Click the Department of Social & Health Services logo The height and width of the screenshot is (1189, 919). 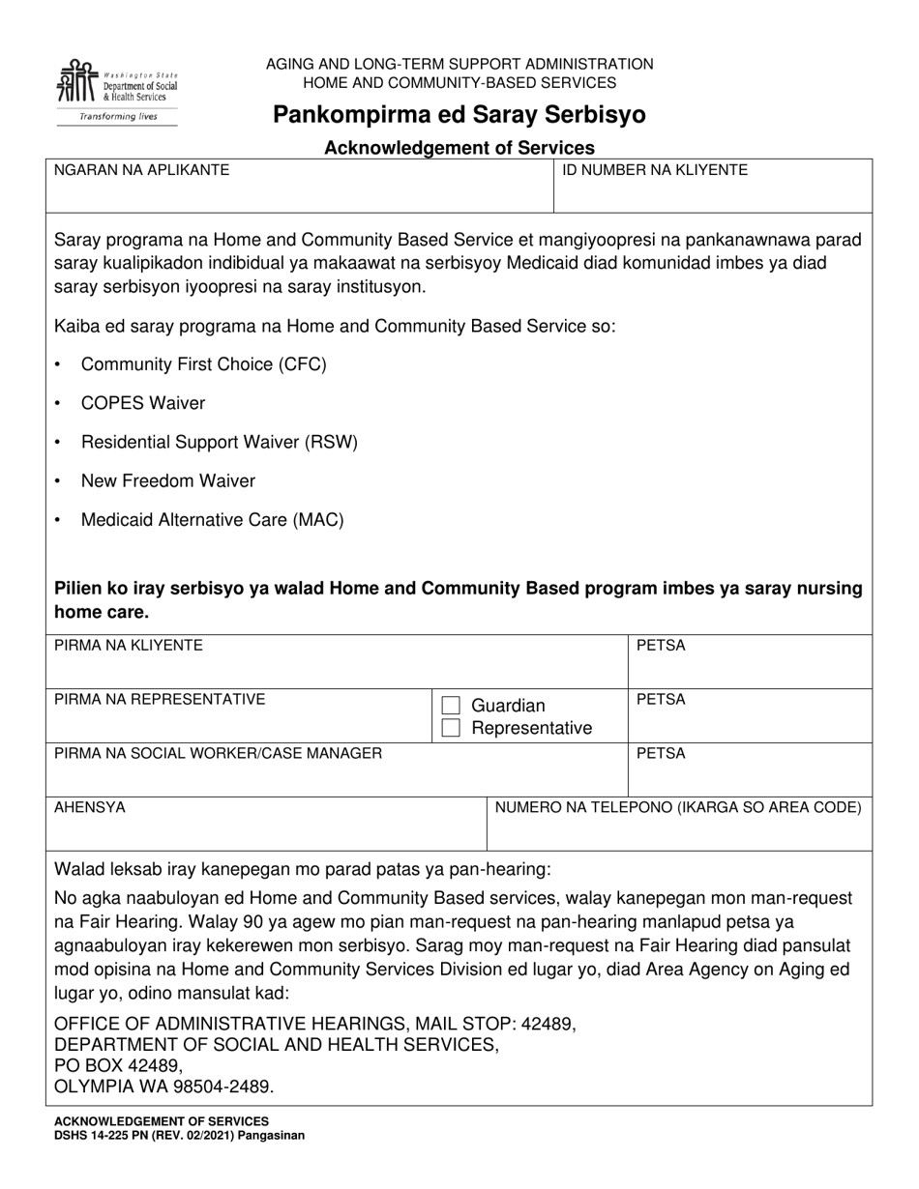(x=117, y=91)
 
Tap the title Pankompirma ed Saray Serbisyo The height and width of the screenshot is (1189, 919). (x=459, y=116)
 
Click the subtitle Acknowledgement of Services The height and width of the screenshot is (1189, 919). (x=459, y=148)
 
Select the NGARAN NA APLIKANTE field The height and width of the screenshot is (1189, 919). (x=299, y=188)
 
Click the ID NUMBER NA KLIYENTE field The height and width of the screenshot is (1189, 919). (x=712, y=188)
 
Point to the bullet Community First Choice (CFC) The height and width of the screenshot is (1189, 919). (x=204, y=364)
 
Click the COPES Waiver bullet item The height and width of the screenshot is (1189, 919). (x=143, y=403)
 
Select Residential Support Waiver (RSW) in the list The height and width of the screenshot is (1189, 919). (x=220, y=443)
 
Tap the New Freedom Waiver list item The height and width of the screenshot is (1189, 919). (x=168, y=481)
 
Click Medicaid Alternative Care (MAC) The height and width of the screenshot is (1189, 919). (x=213, y=520)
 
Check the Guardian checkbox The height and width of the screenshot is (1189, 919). (x=451, y=706)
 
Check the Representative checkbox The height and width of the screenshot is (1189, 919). (x=451, y=728)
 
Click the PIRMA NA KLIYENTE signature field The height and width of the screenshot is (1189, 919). (x=339, y=662)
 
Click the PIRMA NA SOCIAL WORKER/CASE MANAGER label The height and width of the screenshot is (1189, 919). (x=218, y=753)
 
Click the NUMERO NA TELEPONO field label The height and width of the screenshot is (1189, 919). (x=678, y=807)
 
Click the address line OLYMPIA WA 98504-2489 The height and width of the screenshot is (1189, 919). (x=163, y=1087)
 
